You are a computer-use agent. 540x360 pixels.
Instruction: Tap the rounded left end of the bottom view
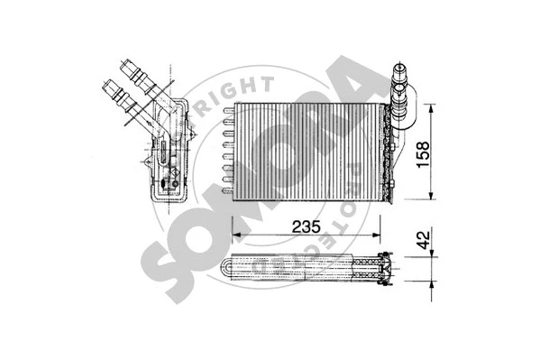coord(226,268)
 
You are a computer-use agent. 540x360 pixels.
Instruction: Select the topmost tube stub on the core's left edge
coord(225,111)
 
